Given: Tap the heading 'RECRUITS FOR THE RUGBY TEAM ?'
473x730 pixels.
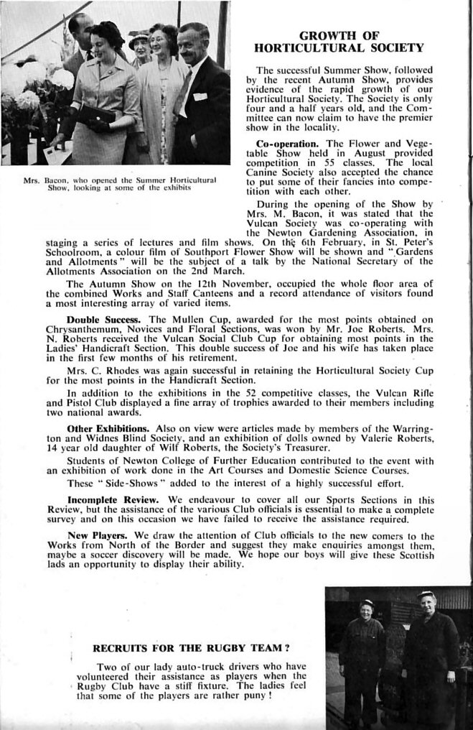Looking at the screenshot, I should [192, 647].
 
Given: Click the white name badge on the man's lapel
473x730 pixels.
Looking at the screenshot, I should [200, 96].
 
